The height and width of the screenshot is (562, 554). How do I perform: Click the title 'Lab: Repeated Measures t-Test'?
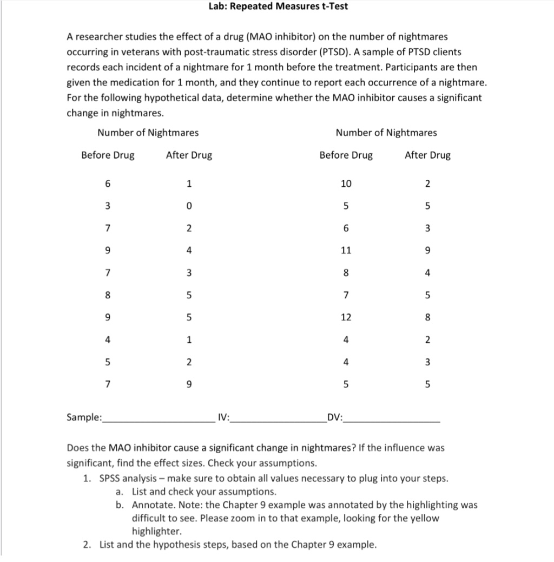(278, 6)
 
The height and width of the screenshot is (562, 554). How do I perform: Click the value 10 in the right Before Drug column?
(346, 184)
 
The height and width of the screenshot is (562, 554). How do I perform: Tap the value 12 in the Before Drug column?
(346, 318)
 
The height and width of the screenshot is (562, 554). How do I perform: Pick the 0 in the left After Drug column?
(189, 206)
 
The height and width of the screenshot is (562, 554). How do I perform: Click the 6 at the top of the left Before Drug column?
(108, 184)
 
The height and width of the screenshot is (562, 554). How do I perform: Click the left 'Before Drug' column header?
(108, 155)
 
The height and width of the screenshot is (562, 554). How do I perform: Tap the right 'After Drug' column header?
(427, 155)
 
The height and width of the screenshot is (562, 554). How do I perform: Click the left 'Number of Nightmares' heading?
(148, 133)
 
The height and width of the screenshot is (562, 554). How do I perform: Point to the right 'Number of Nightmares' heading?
(386, 133)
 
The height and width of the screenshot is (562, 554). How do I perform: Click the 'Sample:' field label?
(84, 417)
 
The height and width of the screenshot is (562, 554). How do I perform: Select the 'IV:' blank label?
(222, 417)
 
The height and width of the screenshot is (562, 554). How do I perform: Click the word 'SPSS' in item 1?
(110, 479)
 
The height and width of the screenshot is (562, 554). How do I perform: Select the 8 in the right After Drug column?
(427, 318)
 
